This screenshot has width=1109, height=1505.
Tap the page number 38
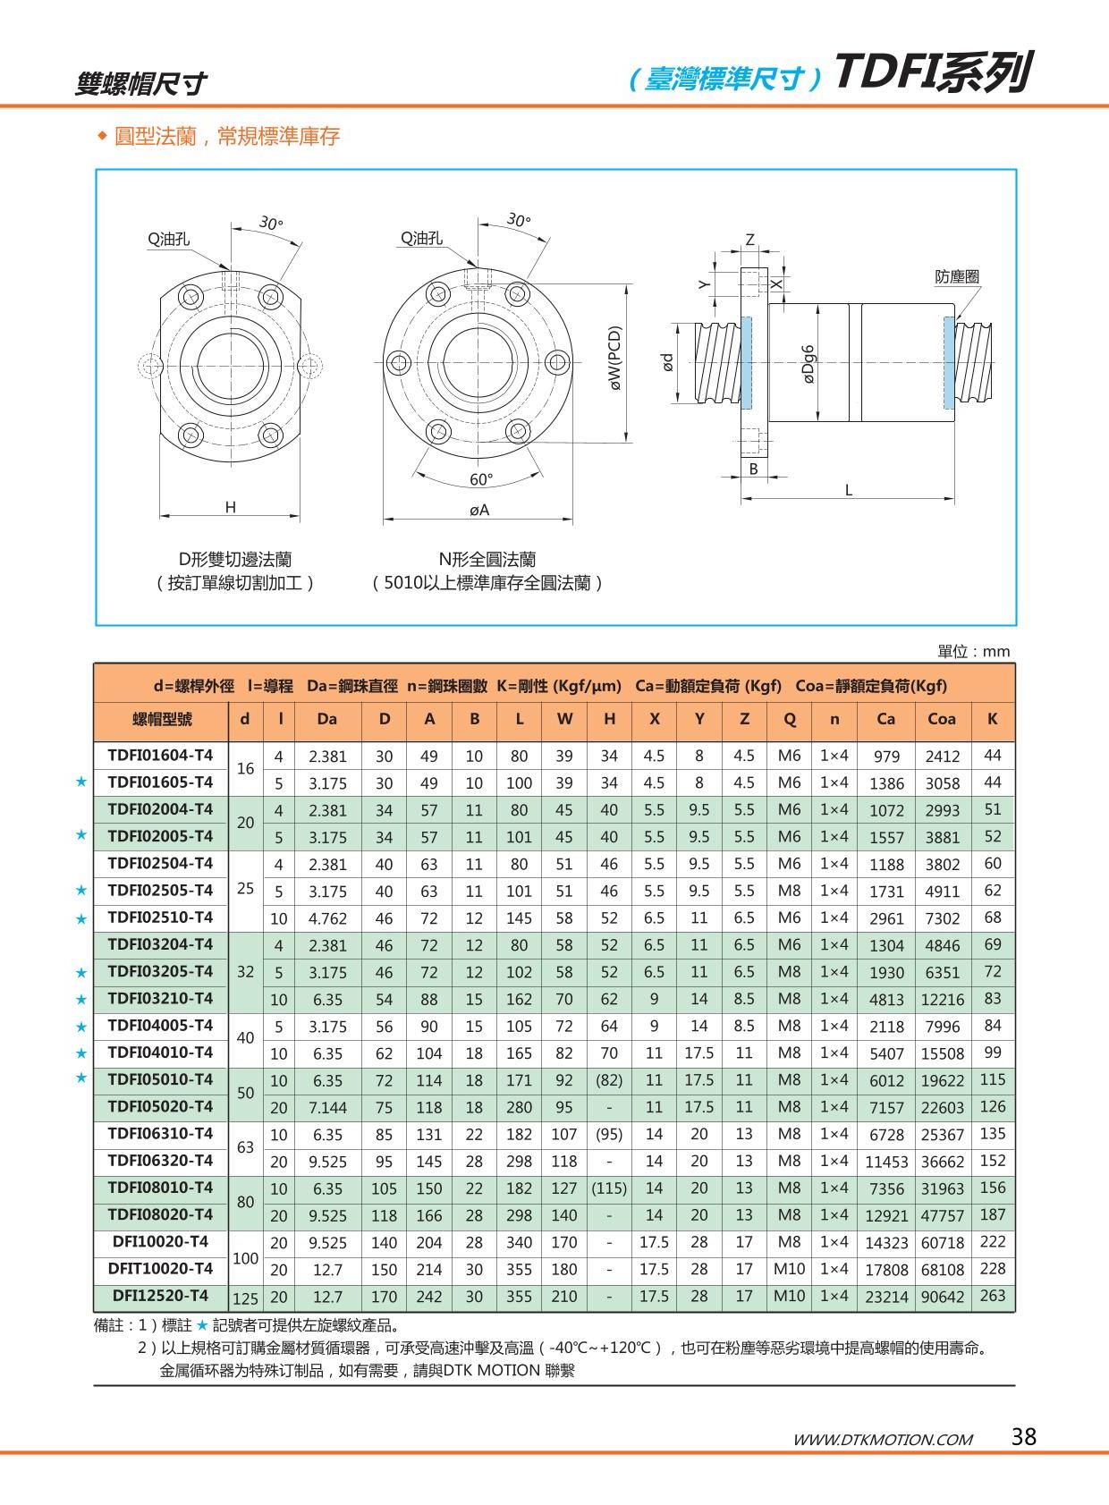[x=1023, y=1436]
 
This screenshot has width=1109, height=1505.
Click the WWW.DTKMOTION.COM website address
[x=882, y=1439]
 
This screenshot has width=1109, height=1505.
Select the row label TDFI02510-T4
[x=160, y=917]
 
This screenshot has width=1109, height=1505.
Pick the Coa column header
[x=942, y=719]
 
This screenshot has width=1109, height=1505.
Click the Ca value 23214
[x=885, y=1297]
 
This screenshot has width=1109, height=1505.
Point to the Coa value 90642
[x=943, y=1297]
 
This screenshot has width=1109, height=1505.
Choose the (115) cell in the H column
[x=609, y=1188]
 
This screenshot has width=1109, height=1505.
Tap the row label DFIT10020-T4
[x=160, y=1269]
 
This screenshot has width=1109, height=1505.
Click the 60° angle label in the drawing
[x=481, y=480]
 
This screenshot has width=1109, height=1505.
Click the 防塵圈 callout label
[x=956, y=276]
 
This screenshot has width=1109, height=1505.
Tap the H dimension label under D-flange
[x=230, y=507]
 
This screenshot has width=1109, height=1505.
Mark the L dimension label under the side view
[x=848, y=490]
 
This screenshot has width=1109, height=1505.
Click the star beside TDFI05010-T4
[x=81, y=1079]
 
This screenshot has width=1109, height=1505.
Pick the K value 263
[x=992, y=1296]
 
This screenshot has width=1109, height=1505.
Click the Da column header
[x=327, y=719]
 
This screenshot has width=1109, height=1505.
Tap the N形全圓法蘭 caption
[x=487, y=560]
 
